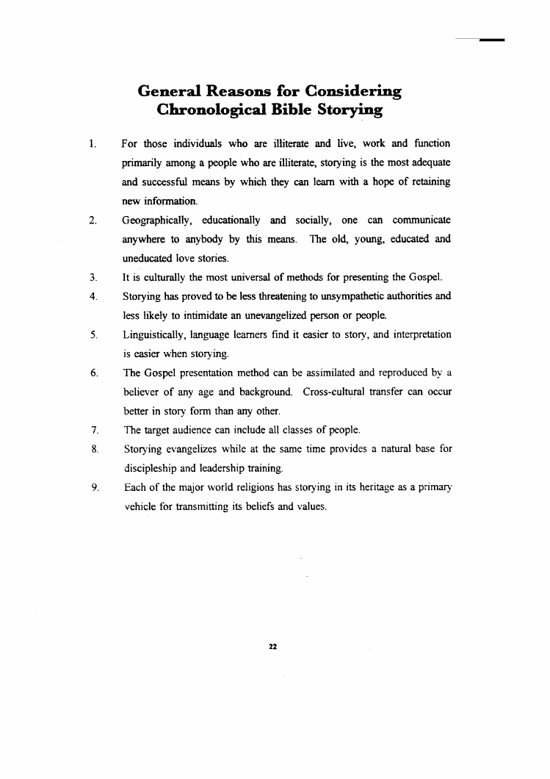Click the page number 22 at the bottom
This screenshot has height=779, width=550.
coord(272,646)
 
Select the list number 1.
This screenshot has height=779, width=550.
coord(92,143)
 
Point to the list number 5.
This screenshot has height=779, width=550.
coord(92,334)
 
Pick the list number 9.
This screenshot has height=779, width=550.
coord(92,487)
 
